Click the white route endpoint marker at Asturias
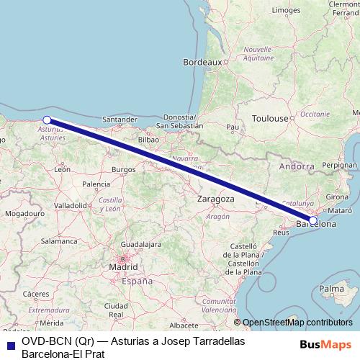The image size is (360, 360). (x=47, y=120)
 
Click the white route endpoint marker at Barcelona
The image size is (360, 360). (x=313, y=220)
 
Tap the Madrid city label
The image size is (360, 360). (x=123, y=267)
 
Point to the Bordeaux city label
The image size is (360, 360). (x=202, y=63)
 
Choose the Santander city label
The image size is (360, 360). (x=120, y=120)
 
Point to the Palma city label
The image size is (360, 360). (x=332, y=289)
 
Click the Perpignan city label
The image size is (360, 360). (x=340, y=165)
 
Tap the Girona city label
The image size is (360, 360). (x=338, y=197)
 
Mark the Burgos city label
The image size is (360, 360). (x=124, y=170)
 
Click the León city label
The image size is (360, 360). (x=62, y=169)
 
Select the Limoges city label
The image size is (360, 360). (x=287, y=11)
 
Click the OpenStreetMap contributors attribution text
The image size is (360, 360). (x=297, y=323)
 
